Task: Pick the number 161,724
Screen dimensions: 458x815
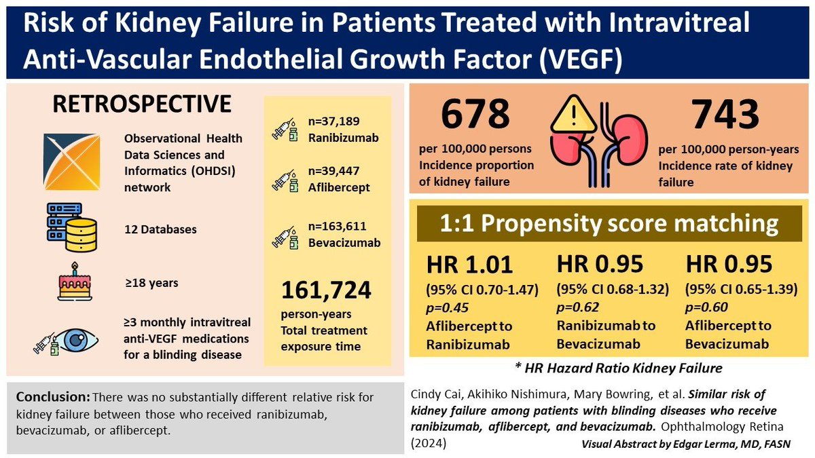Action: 326,290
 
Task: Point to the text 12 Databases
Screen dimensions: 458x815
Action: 160,229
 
